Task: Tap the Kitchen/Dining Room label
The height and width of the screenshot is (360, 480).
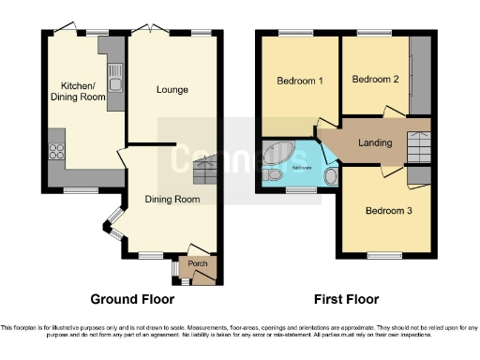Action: point(76,91)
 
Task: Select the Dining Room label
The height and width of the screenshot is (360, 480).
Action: point(172,199)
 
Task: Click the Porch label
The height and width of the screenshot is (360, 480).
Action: point(198,263)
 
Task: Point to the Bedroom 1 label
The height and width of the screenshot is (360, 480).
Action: point(300,81)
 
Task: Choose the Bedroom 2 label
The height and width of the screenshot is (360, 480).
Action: point(375,80)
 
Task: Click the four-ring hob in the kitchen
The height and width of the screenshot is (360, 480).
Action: point(54,149)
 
